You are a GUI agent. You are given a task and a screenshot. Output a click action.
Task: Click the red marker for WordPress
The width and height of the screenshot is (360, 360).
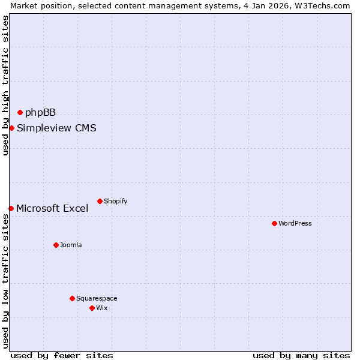(274, 223)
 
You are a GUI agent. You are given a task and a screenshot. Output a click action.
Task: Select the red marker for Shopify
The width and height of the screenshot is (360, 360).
(100, 201)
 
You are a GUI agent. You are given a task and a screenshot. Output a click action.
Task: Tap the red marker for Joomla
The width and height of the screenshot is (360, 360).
(56, 245)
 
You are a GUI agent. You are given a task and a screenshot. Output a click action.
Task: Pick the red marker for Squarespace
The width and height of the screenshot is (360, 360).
(72, 298)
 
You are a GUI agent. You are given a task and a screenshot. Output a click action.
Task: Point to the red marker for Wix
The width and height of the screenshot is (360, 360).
(92, 308)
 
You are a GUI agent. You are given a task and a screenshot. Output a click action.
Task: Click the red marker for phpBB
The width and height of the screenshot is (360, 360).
(20, 112)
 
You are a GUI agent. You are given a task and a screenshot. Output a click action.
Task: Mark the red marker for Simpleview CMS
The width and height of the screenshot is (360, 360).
(11, 128)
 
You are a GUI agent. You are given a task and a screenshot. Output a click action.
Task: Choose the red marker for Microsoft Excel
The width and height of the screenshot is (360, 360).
(11, 208)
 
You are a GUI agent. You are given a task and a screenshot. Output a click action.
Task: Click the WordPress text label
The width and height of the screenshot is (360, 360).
(295, 223)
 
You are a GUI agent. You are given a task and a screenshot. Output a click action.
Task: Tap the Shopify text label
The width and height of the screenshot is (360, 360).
(116, 201)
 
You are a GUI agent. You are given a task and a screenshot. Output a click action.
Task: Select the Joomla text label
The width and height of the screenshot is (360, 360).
(71, 245)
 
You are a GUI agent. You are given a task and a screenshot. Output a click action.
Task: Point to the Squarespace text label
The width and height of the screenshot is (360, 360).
(97, 298)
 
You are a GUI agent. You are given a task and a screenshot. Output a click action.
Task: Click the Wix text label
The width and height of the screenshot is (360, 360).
(102, 308)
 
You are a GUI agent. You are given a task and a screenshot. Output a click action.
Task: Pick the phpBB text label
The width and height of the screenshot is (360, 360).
(40, 112)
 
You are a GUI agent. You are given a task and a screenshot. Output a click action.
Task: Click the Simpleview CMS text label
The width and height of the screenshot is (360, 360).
(56, 128)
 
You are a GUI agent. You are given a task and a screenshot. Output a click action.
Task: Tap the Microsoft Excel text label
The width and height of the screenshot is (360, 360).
(52, 209)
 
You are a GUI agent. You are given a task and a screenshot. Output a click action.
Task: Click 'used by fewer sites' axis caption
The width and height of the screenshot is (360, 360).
(62, 355)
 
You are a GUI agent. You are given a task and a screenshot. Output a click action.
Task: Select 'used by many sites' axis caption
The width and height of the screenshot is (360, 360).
(301, 355)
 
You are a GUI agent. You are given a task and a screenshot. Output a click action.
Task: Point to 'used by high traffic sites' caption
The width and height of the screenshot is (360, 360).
(5, 85)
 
